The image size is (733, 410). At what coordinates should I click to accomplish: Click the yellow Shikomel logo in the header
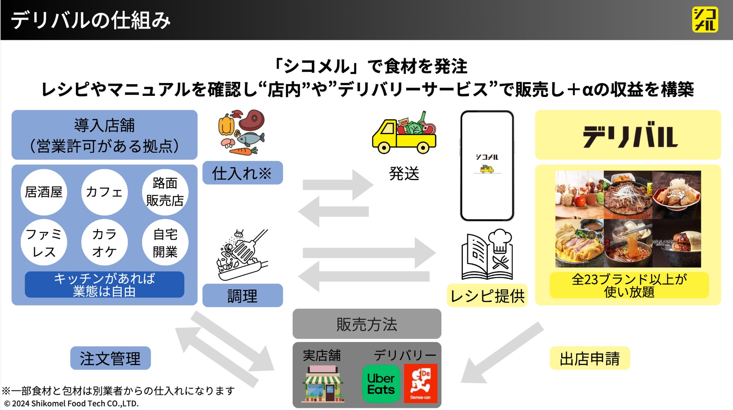click(x=705, y=20)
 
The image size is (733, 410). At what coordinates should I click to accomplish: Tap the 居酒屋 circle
click(x=44, y=192)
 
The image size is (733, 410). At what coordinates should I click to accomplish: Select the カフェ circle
click(x=104, y=192)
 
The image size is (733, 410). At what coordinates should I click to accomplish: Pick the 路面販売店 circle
click(x=165, y=192)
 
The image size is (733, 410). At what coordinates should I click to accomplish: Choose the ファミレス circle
click(x=44, y=242)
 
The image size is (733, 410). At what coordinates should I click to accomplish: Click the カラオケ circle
click(x=104, y=242)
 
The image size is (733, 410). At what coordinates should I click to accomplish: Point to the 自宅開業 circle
click(x=165, y=242)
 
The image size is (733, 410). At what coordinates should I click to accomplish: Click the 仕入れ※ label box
click(x=242, y=173)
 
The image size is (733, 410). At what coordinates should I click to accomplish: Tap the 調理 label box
click(x=242, y=296)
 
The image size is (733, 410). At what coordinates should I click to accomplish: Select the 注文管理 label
click(x=110, y=358)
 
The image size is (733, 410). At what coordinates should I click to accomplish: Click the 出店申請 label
click(x=589, y=358)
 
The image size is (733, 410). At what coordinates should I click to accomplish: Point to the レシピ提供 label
click(x=487, y=296)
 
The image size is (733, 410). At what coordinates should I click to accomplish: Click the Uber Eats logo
click(x=381, y=384)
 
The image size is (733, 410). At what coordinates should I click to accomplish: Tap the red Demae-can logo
click(x=421, y=384)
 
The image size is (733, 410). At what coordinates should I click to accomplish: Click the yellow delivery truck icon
click(x=404, y=133)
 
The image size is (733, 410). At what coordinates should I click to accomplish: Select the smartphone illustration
click(x=487, y=166)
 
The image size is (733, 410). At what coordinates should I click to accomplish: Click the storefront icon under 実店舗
click(x=323, y=384)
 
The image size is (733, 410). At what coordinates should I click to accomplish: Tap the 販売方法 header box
click(x=366, y=324)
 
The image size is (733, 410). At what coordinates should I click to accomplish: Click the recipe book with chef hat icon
click(x=487, y=254)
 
